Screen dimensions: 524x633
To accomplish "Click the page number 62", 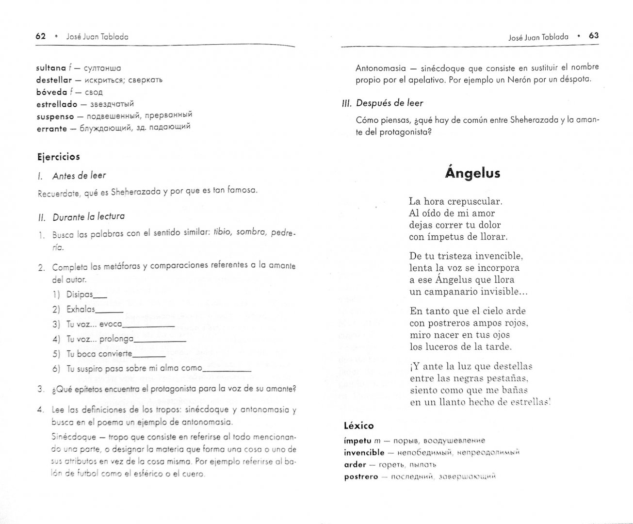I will click(41, 36).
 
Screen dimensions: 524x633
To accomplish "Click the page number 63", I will click(594, 35).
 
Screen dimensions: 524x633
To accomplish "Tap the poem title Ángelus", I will click(472, 173).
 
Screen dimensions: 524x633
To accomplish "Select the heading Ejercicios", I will click(58, 157).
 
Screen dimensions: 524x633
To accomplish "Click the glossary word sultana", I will click(51, 68).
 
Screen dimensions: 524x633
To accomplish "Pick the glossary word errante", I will click(51, 129).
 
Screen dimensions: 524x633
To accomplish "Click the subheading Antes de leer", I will click(79, 176).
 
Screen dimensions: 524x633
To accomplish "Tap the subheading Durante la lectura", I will click(88, 217).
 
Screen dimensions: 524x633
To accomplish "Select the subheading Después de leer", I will click(390, 103).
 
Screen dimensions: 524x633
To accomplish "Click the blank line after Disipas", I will click(100, 296).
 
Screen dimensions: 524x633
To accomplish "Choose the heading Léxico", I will click(358, 426).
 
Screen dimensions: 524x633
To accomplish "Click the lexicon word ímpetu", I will click(357, 441).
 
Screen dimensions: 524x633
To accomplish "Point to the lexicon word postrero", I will click(360, 476).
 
